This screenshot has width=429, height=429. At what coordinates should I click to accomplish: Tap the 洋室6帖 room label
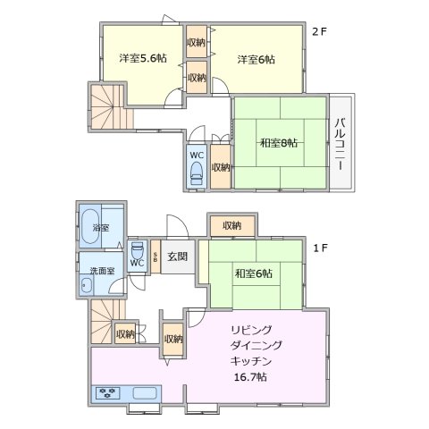coord(256,59)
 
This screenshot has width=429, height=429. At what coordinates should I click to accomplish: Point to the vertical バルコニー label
coord(341,140)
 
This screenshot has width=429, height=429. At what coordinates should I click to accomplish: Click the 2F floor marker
coord(319,33)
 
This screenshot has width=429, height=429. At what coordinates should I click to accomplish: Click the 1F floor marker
coord(319,248)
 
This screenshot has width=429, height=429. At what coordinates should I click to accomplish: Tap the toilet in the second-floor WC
coord(197,175)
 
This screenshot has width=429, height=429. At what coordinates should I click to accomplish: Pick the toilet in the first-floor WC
coord(137,248)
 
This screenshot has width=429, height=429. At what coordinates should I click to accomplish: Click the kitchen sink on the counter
coord(142,392)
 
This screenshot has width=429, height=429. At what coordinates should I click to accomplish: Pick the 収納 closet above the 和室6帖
coord(231,225)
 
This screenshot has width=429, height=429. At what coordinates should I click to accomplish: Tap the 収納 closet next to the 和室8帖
coord(220,166)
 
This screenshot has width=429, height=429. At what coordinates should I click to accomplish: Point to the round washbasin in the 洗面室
coord(86,287)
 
